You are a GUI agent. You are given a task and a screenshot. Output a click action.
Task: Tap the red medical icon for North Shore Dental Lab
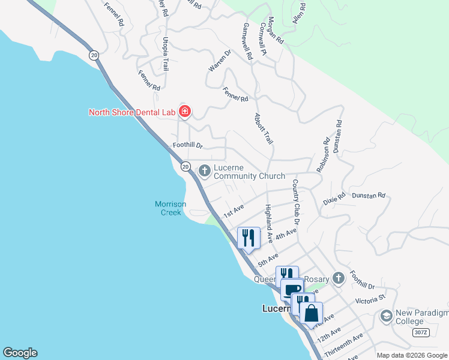pos(185,111)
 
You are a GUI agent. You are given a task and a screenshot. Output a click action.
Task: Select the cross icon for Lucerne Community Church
pos(205,171)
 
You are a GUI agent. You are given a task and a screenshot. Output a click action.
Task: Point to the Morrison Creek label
pos(170,208)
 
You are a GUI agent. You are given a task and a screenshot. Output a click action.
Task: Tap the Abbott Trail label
pos(264,128)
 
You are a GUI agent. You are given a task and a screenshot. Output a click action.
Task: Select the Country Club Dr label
pos(296,198)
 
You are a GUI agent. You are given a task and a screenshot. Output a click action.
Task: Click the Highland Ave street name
pos(269,223)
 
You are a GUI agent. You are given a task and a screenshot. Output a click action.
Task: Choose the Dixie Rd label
pos(334,197)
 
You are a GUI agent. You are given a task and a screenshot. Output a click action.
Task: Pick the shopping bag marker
pos(311,314)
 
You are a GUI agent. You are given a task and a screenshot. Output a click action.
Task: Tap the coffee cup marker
pos(292,290)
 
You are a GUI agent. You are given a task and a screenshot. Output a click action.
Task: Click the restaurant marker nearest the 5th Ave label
pos(249,238)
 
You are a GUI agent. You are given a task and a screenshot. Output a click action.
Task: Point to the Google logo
pos(19,353)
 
